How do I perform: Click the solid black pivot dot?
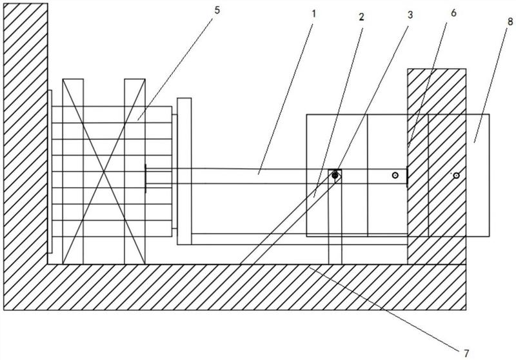(335, 175)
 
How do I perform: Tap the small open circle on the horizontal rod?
(395, 175)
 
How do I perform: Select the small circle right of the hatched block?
(455, 175)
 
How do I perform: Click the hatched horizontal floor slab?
(258, 287)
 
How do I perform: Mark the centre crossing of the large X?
(104, 171)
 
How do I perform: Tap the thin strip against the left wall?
(50, 171)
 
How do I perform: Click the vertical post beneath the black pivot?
(335, 223)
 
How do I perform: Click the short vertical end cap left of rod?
(146, 177)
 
